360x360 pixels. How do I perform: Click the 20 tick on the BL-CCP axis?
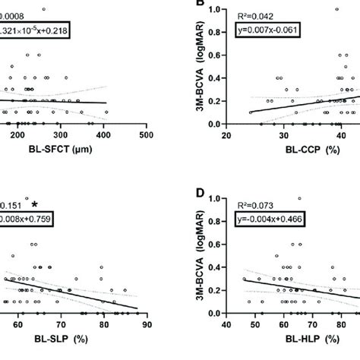click(226, 135)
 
